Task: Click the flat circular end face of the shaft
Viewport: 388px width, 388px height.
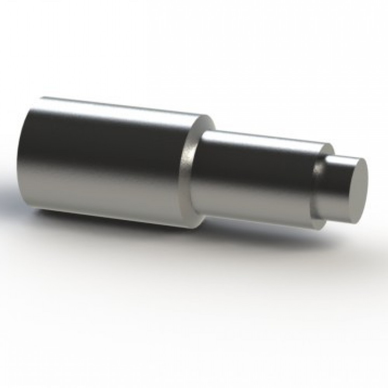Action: pos(355,191)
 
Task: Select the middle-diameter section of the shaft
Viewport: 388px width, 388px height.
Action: pos(256,175)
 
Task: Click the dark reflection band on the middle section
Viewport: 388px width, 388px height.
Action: pos(256,159)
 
